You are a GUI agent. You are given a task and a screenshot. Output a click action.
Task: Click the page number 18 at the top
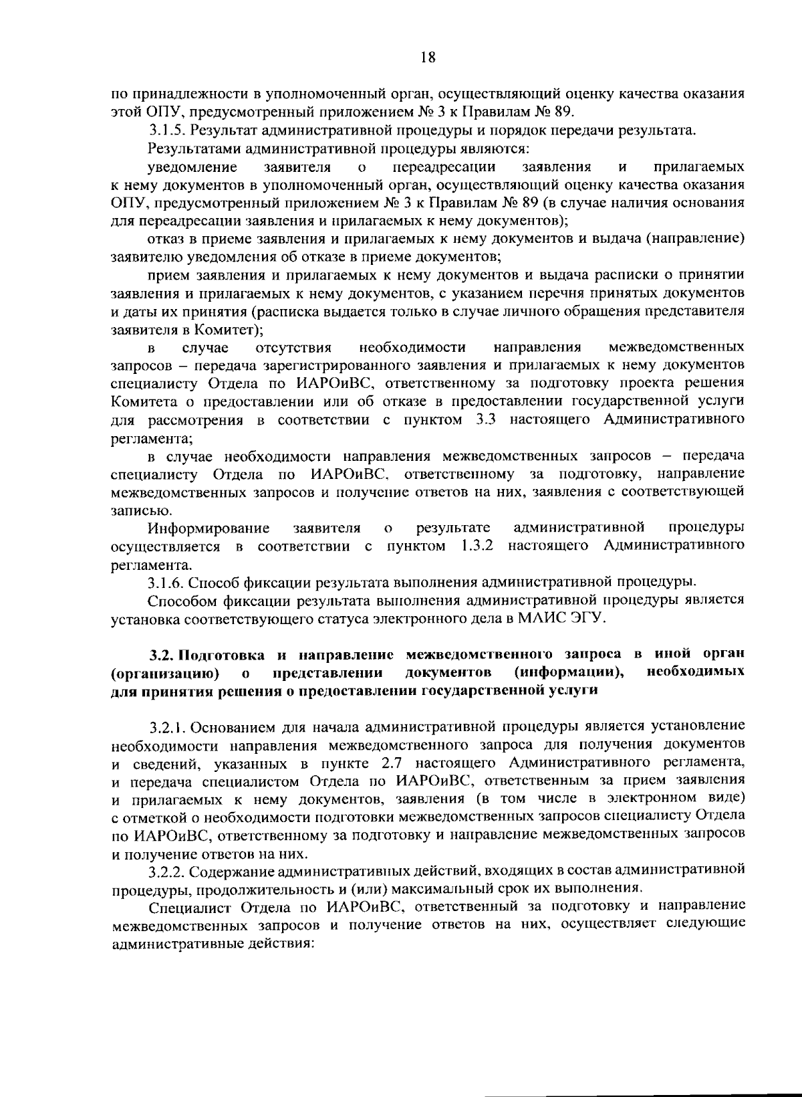coord(428,58)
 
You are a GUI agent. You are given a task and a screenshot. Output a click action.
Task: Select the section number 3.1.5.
coord(166,130)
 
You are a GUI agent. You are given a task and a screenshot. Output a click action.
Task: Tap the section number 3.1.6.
coord(166,580)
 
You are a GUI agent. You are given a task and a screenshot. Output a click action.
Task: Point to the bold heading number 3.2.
coord(160,654)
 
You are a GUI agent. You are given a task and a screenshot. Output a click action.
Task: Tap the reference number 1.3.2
coord(477,546)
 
